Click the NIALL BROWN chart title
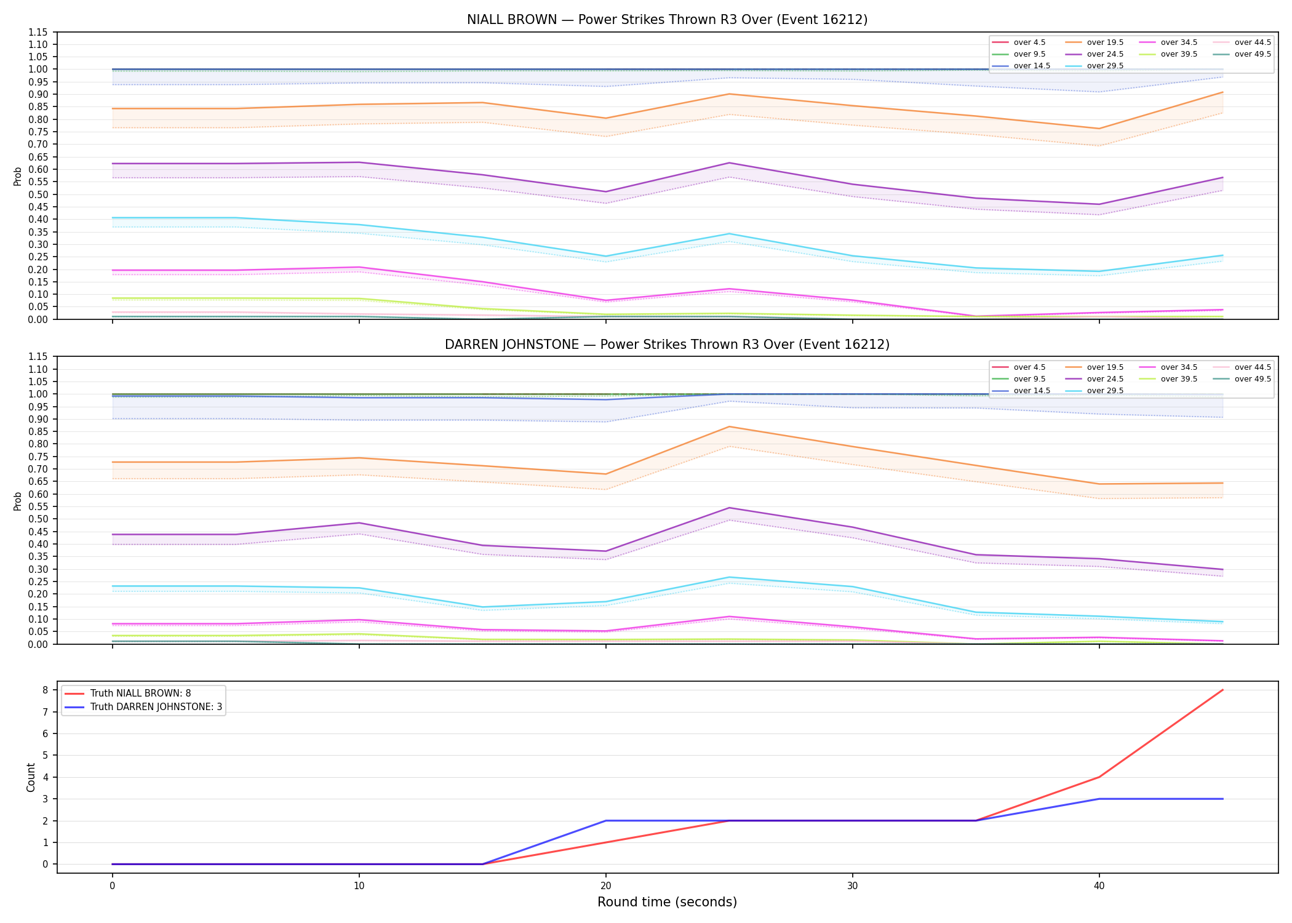(667, 20)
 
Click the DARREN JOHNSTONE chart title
(667, 345)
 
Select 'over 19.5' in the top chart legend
(1105, 42)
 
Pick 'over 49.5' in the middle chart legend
(1253, 379)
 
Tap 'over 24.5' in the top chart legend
(1105, 54)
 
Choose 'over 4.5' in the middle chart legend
(1029, 367)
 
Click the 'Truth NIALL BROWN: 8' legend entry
(141, 693)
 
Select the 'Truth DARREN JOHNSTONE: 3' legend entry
(156, 707)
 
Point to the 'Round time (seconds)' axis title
(667, 902)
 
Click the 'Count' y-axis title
(31, 777)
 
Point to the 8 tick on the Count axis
(45, 690)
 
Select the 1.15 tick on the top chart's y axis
(38, 32)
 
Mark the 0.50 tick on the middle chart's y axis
(38, 519)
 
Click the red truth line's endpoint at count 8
(1222, 690)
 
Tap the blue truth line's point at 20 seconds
(606, 821)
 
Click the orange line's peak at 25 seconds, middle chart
(729, 426)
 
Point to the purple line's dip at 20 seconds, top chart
(606, 191)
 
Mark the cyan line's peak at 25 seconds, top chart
(729, 234)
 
